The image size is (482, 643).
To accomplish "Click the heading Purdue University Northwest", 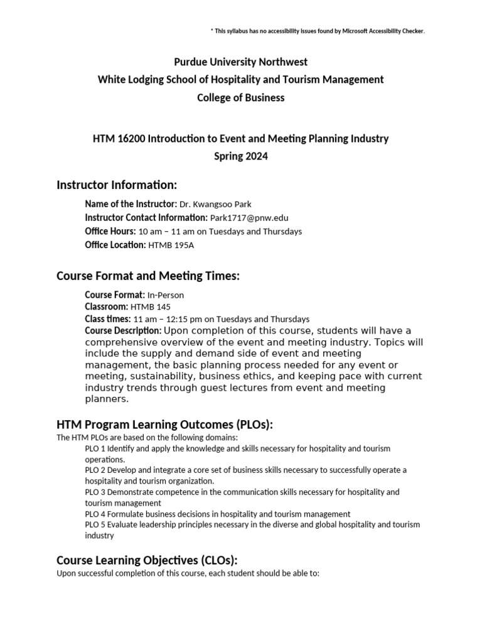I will point(241,62).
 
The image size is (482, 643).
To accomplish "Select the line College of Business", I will point(241,97).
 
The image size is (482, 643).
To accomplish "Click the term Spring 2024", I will point(241,156).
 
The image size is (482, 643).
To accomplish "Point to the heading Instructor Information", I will point(117,185).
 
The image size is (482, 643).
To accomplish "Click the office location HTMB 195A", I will point(171,246).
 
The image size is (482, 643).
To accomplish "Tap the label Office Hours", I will point(110,232).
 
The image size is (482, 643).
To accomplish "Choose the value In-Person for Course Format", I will point(166,294).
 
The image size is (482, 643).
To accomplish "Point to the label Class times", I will point(108,319).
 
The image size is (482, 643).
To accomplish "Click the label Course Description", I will point(123,331).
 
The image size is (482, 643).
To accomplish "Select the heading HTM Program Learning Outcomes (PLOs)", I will point(165,424).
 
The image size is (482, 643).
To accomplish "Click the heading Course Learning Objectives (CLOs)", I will point(147,560).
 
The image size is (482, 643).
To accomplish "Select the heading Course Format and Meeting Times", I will point(148,276).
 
